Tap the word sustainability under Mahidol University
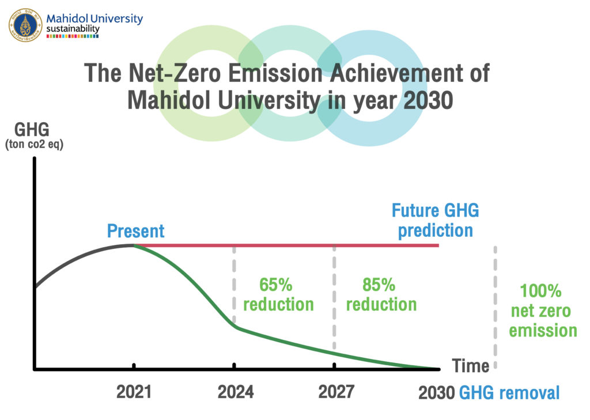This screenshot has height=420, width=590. click(x=73, y=29)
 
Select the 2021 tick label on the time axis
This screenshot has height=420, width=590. click(x=134, y=393)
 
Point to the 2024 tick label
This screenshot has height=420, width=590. click(x=235, y=393)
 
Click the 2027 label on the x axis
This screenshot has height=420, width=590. click(x=336, y=393)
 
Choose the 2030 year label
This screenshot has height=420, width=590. click(x=436, y=393)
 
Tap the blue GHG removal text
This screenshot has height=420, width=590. click(x=509, y=393)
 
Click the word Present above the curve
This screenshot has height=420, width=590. click(x=136, y=231)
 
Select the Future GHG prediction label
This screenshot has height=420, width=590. click(x=436, y=221)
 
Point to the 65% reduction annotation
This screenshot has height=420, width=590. click(x=278, y=294)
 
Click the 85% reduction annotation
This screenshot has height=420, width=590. click(x=381, y=294)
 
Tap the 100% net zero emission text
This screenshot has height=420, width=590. click(x=542, y=311)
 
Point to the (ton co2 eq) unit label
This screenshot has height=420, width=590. click(x=34, y=145)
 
